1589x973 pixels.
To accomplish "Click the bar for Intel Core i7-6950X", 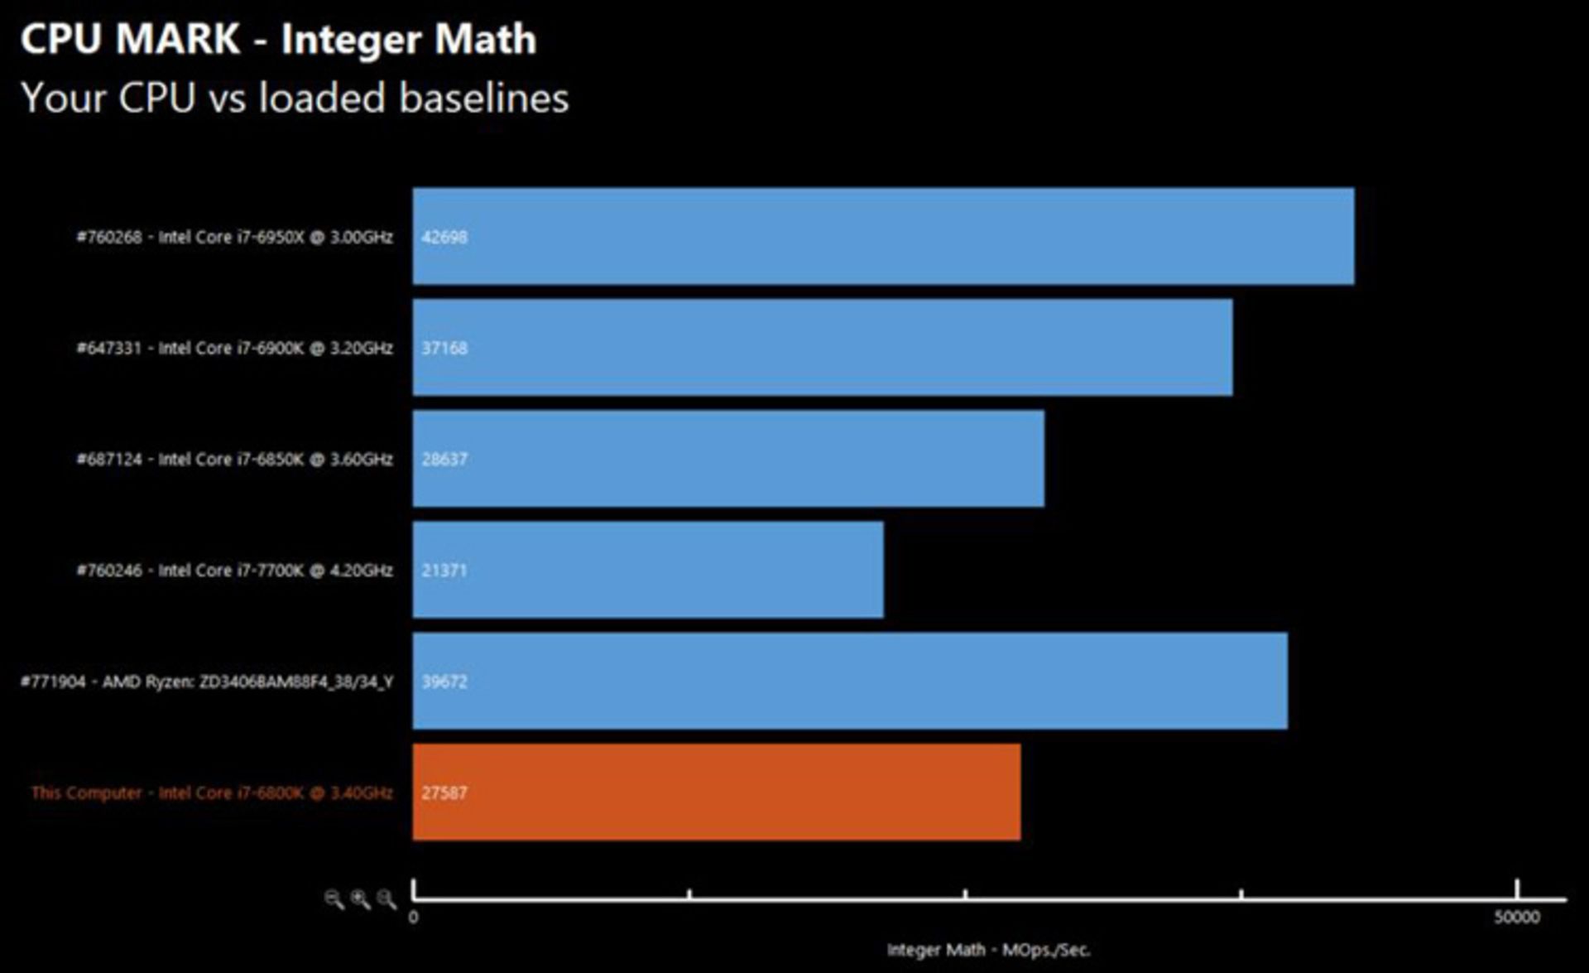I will click(883, 236).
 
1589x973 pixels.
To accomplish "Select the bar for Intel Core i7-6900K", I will click(822, 348).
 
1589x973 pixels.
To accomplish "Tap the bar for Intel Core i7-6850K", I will click(728, 459).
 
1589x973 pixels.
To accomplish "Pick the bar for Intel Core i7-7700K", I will click(648, 570).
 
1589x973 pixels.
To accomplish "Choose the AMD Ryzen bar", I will click(850, 681).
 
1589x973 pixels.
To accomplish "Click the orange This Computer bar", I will click(716, 792).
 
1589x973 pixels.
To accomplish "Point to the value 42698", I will click(444, 237).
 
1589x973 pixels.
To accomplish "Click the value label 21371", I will click(444, 571).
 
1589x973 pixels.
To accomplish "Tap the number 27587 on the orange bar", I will click(444, 792).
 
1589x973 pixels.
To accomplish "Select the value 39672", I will click(444, 682).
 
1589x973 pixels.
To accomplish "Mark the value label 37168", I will click(444, 348).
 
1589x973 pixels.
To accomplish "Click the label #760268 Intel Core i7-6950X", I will click(234, 237).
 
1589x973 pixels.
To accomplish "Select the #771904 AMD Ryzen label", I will click(207, 682).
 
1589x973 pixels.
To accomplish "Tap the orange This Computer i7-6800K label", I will click(212, 792).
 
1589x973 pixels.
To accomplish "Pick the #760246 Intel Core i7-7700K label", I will click(234, 571).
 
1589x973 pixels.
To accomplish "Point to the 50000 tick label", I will click(1516, 917).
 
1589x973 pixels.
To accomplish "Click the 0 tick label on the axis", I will click(414, 917).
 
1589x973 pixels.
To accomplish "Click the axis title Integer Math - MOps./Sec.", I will click(988, 950).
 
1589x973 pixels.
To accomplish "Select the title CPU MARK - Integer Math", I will click(278, 39).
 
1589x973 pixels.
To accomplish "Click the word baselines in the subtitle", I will click(484, 98).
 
